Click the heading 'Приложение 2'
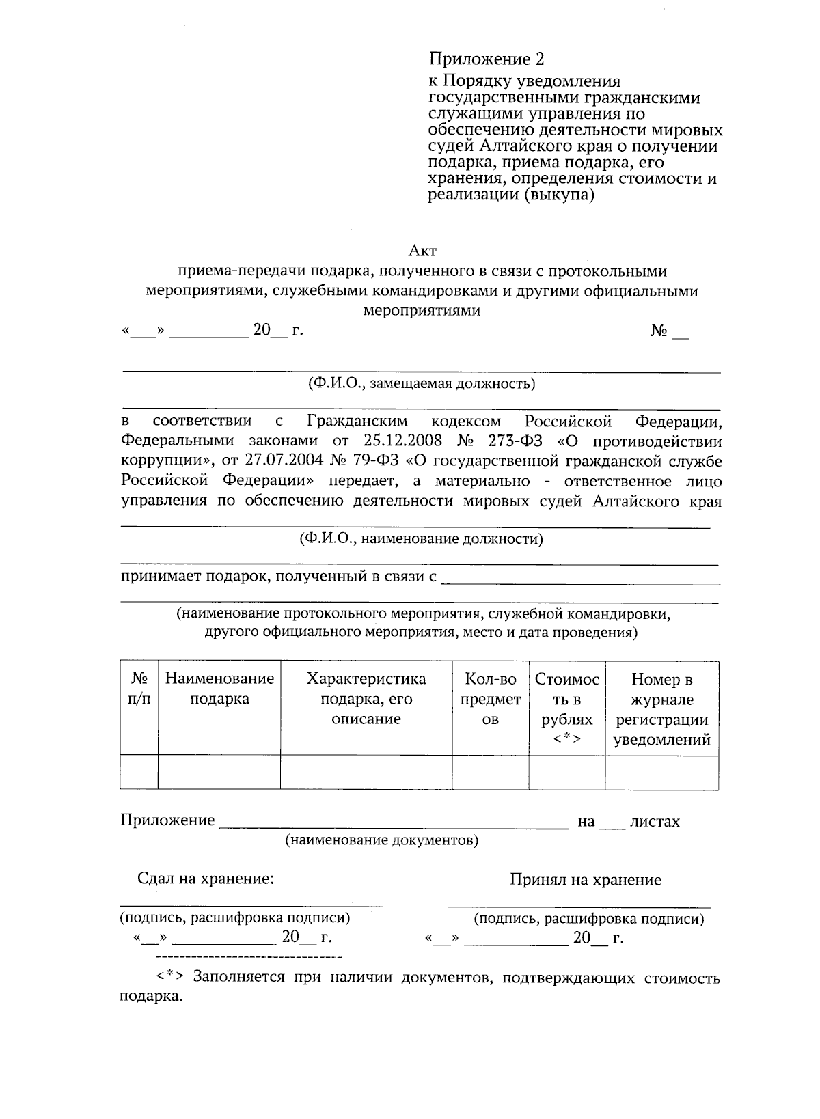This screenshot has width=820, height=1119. [x=487, y=59]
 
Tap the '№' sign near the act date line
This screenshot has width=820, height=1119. [x=659, y=331]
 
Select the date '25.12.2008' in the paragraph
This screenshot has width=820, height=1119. [x=392, y=441]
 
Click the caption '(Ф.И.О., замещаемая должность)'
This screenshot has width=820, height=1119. [x=422, y=383]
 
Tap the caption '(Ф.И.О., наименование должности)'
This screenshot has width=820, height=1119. [x=421, y=539]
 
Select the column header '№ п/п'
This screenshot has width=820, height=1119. [x=139, y=689]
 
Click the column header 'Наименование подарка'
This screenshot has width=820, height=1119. [x=219, y=689]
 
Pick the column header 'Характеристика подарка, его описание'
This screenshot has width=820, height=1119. [x=366, y=699]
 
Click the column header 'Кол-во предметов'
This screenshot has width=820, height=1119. [x=491, y=699]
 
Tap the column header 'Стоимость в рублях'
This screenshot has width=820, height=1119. [x=567, y=708]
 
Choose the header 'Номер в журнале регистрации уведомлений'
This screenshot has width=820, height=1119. [x=661, y=708]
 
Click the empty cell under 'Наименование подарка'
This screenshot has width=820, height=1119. [x=219, y=772]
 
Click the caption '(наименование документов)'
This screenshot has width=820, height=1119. [x=381, y=840]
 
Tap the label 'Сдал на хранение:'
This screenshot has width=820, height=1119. [x=206, y=879]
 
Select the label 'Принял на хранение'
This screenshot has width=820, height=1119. [x=586, y=880]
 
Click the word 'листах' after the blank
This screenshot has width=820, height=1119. [x=655, y=821]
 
